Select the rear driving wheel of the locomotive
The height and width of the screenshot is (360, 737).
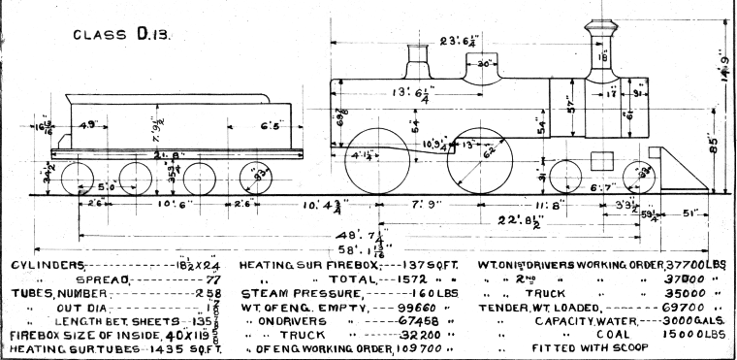pos(374,160)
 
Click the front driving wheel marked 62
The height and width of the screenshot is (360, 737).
pos(485,160)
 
